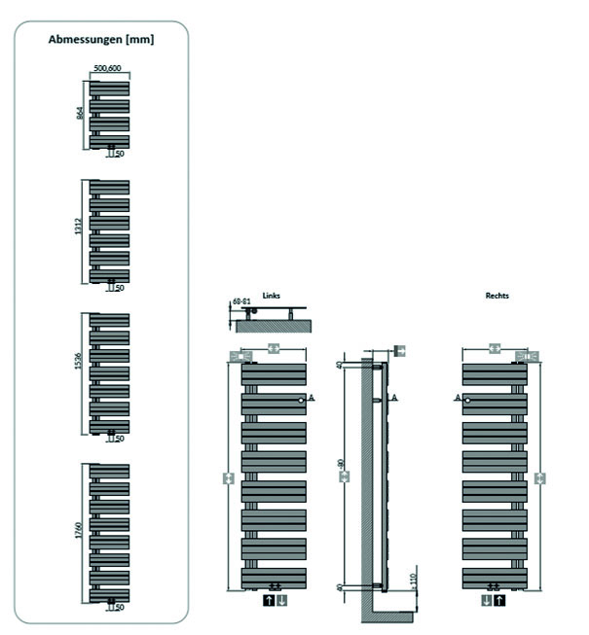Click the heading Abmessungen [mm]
click(101, 40)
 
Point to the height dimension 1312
click(81, 230)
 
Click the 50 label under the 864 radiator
click(120, 154)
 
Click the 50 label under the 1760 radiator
click(120, 608)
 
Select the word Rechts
click(497, 295)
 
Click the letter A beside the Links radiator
click(312, 399)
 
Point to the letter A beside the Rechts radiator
click(457, 398)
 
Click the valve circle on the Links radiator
click(301, 400)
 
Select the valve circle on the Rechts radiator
click(467, 400)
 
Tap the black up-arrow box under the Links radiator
click(267, 601)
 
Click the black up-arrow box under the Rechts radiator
click(500, 601)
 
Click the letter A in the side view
click(394, 398)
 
